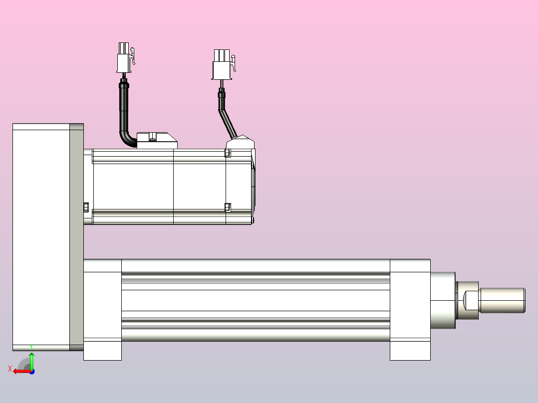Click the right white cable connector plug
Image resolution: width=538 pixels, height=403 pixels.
[222, 65]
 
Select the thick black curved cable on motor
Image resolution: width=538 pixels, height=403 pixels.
[123, 115]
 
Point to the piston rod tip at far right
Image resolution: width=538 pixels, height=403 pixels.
[502, 300]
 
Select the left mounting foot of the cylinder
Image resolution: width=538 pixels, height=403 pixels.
[102, 350]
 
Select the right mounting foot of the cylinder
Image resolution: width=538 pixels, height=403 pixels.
[410, 350]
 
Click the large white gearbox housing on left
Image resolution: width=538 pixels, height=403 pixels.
[40, 237]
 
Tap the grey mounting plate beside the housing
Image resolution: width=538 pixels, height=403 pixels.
[76, 237]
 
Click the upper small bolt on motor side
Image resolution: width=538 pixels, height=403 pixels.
[228, 153]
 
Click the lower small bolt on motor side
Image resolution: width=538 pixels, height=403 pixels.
[228, 206]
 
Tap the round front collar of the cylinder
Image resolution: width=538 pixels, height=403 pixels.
[443, 300]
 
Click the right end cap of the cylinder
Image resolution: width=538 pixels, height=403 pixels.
[410, 299]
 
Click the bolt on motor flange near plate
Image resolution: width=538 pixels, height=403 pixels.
[86, 206]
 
